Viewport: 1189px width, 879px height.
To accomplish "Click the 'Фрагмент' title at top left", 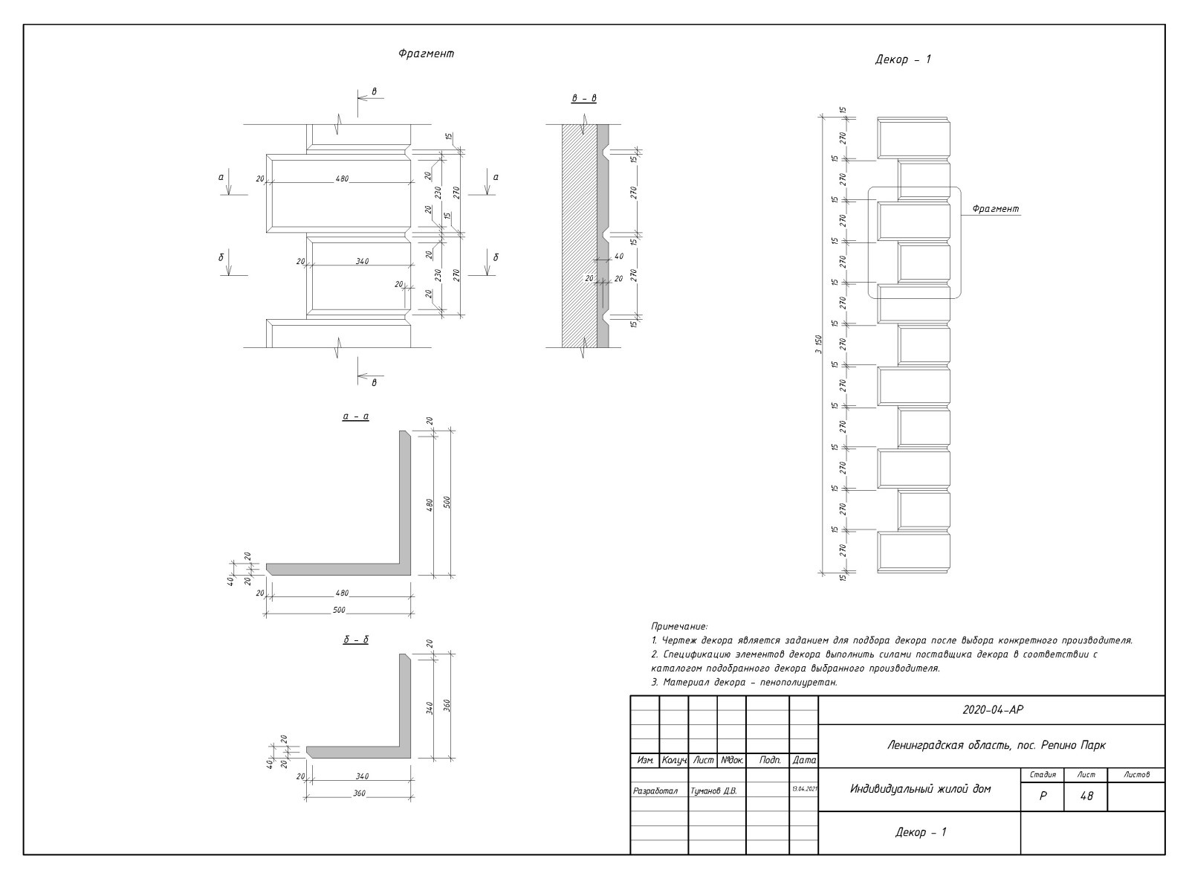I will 426,54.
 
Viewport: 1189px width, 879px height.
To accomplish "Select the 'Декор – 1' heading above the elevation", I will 903,59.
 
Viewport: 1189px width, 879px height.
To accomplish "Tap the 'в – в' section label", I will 584,98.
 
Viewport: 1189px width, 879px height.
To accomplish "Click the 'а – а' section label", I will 356,416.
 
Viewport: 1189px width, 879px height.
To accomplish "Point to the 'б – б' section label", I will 356,640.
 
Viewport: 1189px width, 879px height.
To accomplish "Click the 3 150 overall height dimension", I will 817,347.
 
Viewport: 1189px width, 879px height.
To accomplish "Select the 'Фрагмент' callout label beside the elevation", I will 995,209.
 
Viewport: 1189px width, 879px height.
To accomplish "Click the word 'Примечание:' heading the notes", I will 679,627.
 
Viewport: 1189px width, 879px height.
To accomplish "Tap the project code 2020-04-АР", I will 992,709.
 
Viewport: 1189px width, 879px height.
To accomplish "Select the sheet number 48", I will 1086,796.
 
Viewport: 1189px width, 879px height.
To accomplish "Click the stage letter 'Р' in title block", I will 1043,796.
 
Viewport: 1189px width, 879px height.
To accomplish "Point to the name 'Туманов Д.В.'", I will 713,791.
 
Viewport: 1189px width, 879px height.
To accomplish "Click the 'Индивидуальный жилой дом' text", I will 920,788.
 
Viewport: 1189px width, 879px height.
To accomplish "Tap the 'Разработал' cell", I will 655,791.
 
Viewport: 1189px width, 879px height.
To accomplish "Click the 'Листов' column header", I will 1137,775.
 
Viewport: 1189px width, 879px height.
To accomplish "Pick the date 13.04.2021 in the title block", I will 804,789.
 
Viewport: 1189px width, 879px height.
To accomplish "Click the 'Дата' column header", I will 804,761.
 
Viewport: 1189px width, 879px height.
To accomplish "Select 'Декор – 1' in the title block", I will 920,832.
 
